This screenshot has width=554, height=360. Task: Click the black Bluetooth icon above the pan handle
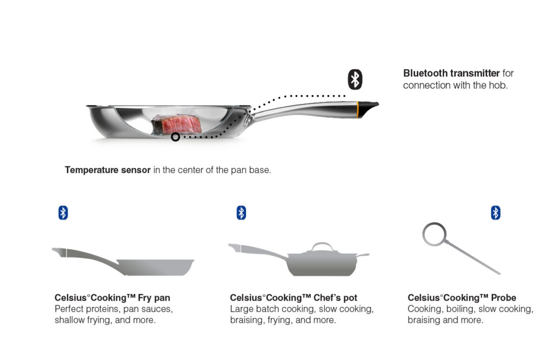tap(355, 79)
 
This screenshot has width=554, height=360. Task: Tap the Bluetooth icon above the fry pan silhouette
tap(63, 213)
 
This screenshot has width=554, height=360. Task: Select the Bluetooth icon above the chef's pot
tap(241, 213)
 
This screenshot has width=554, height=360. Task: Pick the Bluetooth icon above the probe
tap(496, 213)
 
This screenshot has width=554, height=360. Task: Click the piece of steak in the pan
tap(176, 124)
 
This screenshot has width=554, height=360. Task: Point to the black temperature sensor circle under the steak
tap(175, 137)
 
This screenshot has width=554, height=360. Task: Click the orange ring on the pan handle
tap(358, 109)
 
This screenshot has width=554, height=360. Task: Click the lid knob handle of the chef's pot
tap(322, 246)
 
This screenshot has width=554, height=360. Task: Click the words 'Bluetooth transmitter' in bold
tap(451, 73)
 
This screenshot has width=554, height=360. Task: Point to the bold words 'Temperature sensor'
tap(108, 170)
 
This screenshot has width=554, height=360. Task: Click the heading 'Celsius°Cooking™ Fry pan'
tap(113, 297)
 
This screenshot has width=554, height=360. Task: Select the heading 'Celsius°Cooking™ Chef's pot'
tap(294, 297)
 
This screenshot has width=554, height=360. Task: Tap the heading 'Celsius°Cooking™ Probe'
tap(462, 297)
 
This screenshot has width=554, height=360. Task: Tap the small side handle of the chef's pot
tap(363, 255)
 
